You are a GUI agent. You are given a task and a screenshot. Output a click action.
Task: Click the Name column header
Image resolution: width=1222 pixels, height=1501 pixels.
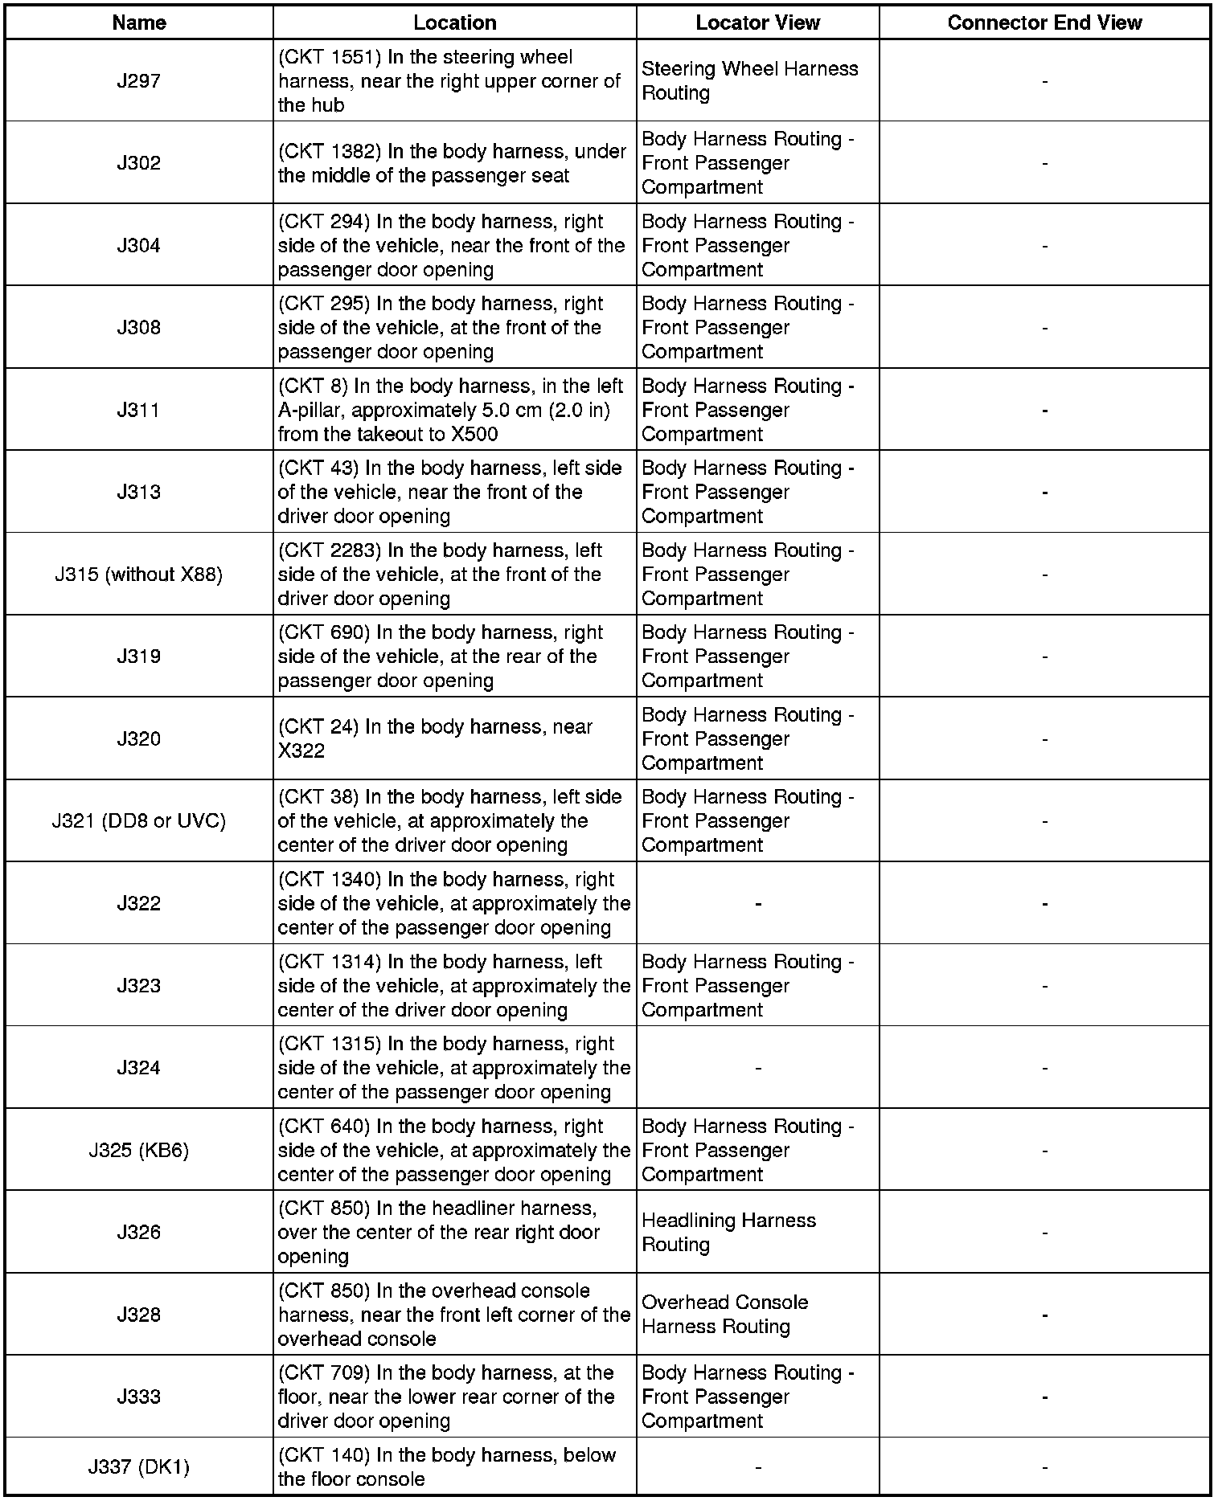139,22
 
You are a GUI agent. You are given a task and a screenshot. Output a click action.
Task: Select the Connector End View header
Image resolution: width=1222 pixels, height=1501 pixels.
1044,22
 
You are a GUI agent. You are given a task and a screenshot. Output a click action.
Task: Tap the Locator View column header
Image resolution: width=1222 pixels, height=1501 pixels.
757,22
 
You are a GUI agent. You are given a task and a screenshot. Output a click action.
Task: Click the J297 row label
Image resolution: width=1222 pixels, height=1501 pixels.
139,80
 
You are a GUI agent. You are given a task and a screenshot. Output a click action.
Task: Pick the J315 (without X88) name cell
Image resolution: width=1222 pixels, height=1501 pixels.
139,575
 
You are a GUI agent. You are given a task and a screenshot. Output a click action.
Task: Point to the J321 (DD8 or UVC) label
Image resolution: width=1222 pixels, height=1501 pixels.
139,821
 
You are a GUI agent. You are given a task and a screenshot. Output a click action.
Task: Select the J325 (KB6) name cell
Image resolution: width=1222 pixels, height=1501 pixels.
139,1150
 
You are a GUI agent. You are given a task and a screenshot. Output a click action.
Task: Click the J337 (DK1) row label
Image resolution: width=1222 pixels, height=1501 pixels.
139,1467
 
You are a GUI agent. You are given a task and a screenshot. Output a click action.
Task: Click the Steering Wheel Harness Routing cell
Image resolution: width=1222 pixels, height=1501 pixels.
749,80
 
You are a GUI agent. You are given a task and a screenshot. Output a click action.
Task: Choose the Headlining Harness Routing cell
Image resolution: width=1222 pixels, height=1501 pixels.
728,1232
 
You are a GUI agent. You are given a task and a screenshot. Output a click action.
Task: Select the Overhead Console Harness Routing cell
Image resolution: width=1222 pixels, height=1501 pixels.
724,1315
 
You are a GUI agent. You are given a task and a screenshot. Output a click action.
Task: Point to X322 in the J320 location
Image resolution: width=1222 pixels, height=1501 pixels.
301,751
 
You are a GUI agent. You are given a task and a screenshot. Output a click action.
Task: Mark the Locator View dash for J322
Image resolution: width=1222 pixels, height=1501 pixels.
757,904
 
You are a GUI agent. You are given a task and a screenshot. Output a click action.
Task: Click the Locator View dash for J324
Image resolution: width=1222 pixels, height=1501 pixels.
757,1068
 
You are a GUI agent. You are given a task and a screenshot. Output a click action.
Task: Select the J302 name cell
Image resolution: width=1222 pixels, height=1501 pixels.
139,163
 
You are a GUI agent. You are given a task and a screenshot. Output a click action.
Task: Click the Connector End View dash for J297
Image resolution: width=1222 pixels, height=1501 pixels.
1044,81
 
